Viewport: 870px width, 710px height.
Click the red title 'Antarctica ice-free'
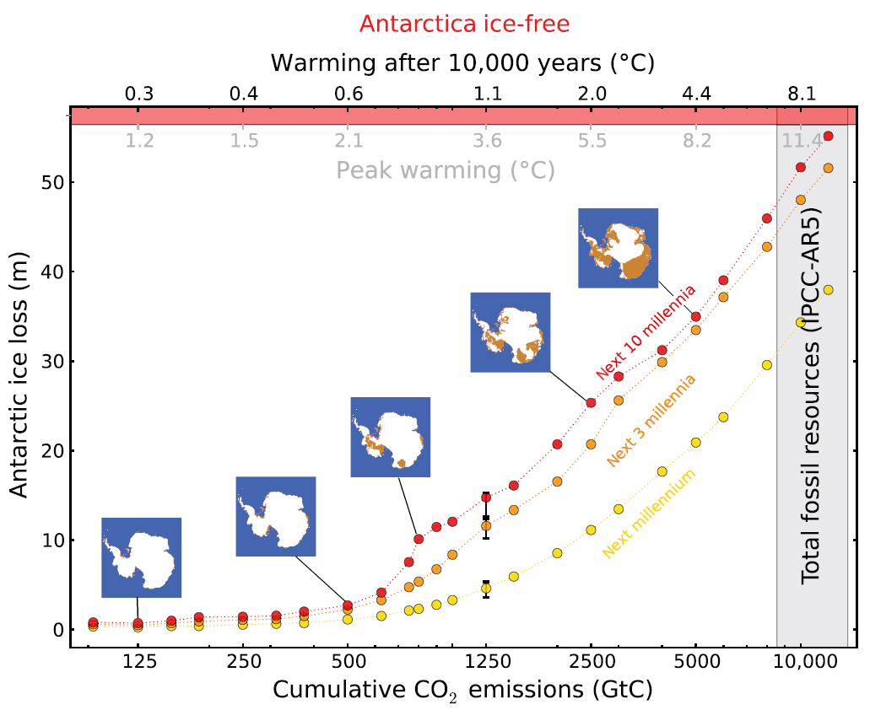tap(464, 24)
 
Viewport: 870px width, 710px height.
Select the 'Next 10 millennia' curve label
tap(646, 331)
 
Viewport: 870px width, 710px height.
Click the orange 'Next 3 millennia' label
tap(651, 421)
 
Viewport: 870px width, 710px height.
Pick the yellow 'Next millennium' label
tap(649, 514)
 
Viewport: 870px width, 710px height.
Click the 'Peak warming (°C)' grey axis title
tap(446, 170)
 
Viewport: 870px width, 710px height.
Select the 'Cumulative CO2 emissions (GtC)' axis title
tap(462, 689)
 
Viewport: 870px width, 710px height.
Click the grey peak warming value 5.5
tap(592, 140)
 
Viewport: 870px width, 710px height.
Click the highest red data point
tap(828, 136)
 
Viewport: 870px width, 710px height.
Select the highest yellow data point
tap(828, 290)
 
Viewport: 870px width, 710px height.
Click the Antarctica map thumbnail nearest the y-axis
tap(142, 557)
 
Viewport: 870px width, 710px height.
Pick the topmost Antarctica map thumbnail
tap(618, 248)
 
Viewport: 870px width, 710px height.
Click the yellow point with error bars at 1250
tap(486, 588)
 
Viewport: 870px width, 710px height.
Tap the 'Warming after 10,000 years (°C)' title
tap(462, 63)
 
